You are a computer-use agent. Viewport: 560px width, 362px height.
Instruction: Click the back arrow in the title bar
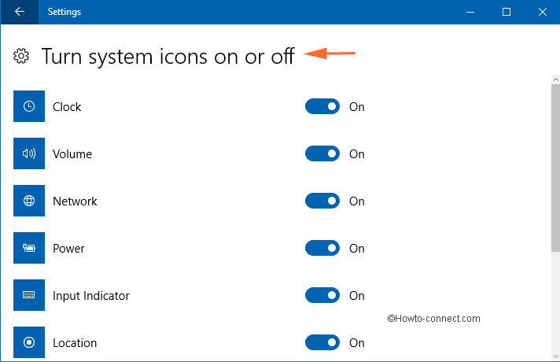coord(20,12)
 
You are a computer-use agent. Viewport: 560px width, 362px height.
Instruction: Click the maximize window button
coord(506,12)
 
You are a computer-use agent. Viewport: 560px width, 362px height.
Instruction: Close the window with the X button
coord(543,12)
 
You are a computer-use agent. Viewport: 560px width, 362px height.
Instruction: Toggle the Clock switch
coord(322,106)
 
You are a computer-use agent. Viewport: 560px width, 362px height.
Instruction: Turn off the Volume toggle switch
coord(322,153)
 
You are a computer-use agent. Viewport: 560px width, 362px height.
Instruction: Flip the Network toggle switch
coord(322,201)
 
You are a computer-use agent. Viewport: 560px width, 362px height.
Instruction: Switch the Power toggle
coord(322,248)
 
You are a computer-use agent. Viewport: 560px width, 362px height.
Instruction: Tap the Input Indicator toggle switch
coord(322,295)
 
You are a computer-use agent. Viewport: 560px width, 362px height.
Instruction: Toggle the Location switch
coord(322,342)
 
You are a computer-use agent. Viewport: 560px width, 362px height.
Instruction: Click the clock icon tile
coord(29,106)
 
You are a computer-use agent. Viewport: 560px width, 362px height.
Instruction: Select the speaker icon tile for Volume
coord(29,153)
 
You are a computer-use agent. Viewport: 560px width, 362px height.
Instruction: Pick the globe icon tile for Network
coord(29,201)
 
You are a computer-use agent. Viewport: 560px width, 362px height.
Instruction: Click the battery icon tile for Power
coord(29,248)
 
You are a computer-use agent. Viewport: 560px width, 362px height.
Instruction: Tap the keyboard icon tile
coord(29,295)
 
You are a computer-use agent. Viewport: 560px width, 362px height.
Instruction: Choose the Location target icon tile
coord(29,342)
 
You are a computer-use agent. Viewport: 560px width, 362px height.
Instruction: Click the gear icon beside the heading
coord(21,56)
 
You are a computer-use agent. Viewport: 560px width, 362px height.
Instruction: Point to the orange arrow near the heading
coord(330,54)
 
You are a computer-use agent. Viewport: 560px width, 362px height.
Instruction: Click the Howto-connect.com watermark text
coord(433,319)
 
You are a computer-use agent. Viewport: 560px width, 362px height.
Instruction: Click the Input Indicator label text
coord(91,296)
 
